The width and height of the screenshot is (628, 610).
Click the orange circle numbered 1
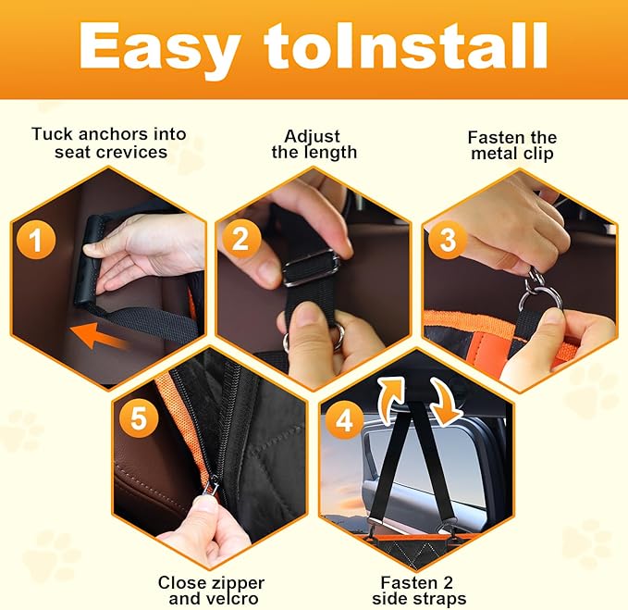[x=36, y=241]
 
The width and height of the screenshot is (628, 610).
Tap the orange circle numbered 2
[x=241, y=239]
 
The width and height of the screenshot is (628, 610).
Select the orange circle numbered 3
[x=448, y=239]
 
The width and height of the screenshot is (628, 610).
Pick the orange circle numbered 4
[x=344, y=420]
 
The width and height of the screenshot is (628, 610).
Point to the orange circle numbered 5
[x=139, y=418]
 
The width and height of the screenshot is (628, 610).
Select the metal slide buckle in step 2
[x=311, y=268]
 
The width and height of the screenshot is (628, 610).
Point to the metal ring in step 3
[x=538, y=299]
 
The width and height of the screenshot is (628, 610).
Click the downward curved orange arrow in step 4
[x=447, y=402]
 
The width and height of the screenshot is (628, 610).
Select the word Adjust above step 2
[x=313, y=137]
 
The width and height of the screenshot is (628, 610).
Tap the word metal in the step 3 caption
[x=494, y=154]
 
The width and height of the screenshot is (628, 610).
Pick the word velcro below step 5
[x=232, y=599]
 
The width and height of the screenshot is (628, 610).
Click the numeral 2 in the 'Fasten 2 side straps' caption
[x=448, y=582]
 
